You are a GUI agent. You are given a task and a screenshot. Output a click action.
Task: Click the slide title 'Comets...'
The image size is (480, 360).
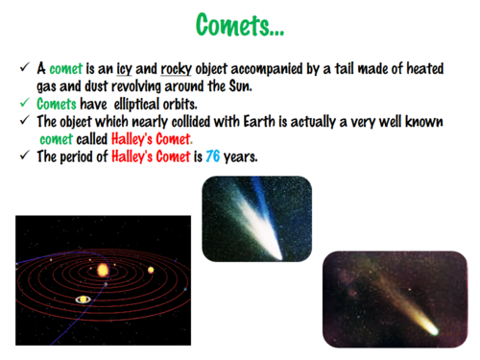point(240,25)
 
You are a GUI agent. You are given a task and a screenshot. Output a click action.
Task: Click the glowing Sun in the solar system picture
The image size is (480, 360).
point(102,271)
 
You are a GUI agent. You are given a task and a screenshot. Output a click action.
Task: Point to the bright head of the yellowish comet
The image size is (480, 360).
point(433,329)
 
